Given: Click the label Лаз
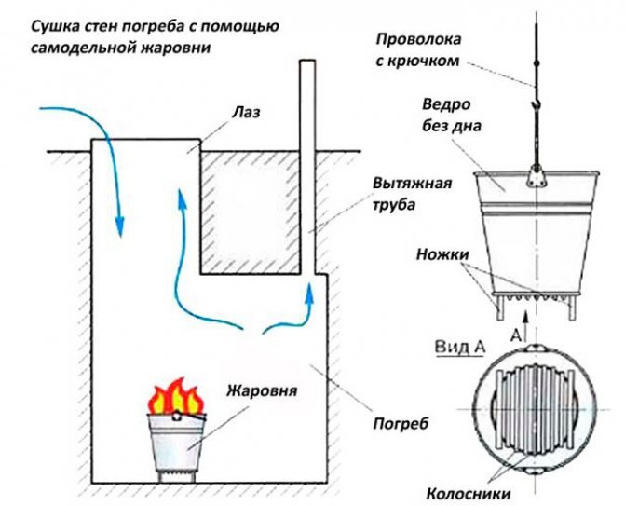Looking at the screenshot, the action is tap(246, 112).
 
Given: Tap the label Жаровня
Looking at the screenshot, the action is tap(262, 390).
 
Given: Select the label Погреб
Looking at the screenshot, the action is tap(401, 423).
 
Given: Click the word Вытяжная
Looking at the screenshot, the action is tap(412, 183).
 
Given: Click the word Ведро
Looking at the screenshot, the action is tap(446, 104).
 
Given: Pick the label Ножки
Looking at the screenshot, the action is tap(442, 254).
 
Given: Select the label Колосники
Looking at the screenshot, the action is tap(469, 494).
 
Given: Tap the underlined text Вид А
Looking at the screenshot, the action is tap(460, 347).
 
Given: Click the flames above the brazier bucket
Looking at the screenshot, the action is tap(175, 396).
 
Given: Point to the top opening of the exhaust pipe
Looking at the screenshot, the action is tap(307, 61).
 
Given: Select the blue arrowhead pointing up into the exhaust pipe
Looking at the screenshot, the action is tap(308, 294).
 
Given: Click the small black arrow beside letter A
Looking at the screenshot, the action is tap(526, 323).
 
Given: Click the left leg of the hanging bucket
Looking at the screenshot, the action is tap(500, 307).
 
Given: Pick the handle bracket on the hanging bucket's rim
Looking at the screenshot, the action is tap(537, 176).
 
